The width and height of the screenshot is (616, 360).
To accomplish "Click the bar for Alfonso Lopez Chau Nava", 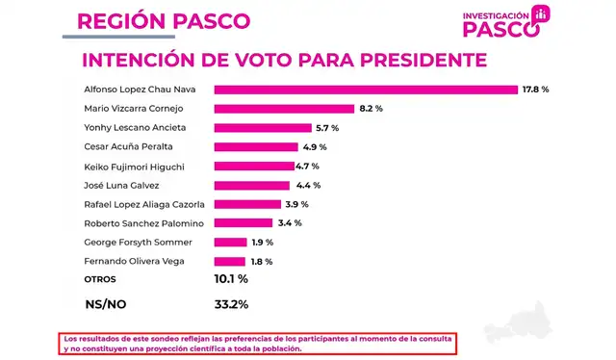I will pos(366,90).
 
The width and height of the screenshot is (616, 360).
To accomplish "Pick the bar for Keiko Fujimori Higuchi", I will pos(253,166).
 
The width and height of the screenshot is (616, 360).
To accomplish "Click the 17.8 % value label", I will pos(534,90).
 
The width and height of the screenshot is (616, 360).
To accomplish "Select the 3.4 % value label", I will pos(289,222).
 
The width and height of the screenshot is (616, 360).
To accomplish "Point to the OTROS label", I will pos(99,279).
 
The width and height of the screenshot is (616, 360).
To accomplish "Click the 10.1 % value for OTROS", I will pos(231,279).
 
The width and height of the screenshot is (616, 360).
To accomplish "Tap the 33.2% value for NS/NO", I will pos(231,304).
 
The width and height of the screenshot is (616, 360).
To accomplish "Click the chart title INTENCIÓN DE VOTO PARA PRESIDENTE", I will pos(284,60).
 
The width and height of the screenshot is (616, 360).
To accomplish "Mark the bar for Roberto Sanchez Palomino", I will pos(243,222).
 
